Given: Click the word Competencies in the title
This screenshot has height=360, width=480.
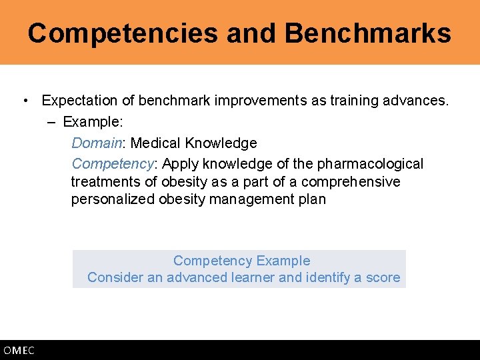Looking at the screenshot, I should pos(123,33).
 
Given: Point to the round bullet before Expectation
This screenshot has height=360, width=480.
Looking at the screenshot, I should pos(25,101).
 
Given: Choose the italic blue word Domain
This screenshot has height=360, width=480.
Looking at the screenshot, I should pos(97,143).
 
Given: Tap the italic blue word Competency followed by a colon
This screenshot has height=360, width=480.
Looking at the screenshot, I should pos(113,163).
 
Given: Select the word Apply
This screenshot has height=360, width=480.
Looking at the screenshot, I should pos(180,163).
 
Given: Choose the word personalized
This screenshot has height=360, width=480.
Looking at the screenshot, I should pos(113,199).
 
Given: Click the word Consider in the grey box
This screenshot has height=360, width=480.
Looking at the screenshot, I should pos(115,277).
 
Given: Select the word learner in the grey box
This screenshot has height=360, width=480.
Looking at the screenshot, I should pos(250,277).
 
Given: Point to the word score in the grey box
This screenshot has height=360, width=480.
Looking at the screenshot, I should pos(383,277).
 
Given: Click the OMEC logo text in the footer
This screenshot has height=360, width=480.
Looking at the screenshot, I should pos(19,351).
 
